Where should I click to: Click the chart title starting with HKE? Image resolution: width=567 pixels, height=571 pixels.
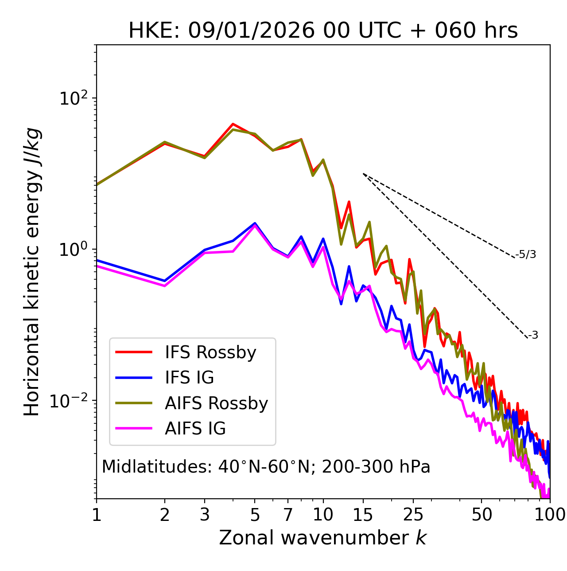click(x=323, y=31)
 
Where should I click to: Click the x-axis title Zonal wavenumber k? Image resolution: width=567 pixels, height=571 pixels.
click(x=322, y=538)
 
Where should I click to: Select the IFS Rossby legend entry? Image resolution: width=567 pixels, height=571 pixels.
click(x=210, y=352)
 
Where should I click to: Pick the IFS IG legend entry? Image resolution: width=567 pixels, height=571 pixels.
click(x=189, y=378)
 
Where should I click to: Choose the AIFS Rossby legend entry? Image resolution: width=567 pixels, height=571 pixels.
click(x=216, y=403)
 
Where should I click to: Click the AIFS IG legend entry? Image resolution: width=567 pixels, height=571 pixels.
click(x=195, y=429)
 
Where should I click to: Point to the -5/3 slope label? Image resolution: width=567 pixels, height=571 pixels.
click(x=526, y=254)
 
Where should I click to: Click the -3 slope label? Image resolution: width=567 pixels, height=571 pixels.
click(x=533, y=335)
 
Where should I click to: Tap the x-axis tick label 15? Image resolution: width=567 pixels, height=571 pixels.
click(x=363, y=515)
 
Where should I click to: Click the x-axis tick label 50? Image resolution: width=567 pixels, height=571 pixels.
click(x=482, y=515)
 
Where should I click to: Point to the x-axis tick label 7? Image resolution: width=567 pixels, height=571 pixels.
click(x=288, y=515)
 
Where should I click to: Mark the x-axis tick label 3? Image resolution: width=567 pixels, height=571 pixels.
click(x=205, y=515)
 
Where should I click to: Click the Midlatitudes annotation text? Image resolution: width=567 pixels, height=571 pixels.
click(x=266, y=467)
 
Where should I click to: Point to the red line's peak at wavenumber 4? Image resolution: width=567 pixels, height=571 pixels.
click(x=233, y=124)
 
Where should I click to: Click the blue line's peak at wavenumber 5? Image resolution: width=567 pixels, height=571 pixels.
click(x=255, y=223)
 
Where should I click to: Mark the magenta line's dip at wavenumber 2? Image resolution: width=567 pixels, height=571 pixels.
click(x=165, y=286)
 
